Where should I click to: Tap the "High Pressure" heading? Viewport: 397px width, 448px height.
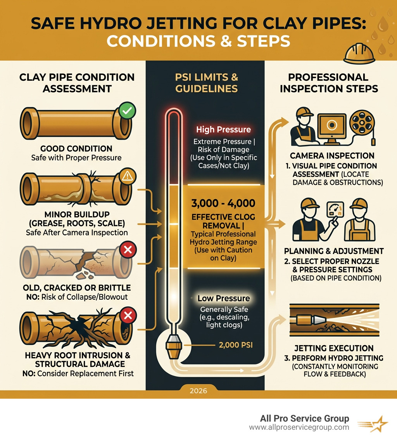tap(223, 130)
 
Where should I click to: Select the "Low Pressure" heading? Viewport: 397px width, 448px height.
tap(223, 299)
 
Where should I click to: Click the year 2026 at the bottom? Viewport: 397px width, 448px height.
tap(198, 391)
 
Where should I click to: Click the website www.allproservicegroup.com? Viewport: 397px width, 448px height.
tap(299, 427)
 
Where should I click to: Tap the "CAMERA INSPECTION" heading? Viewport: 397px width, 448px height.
tap(332, 156)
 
